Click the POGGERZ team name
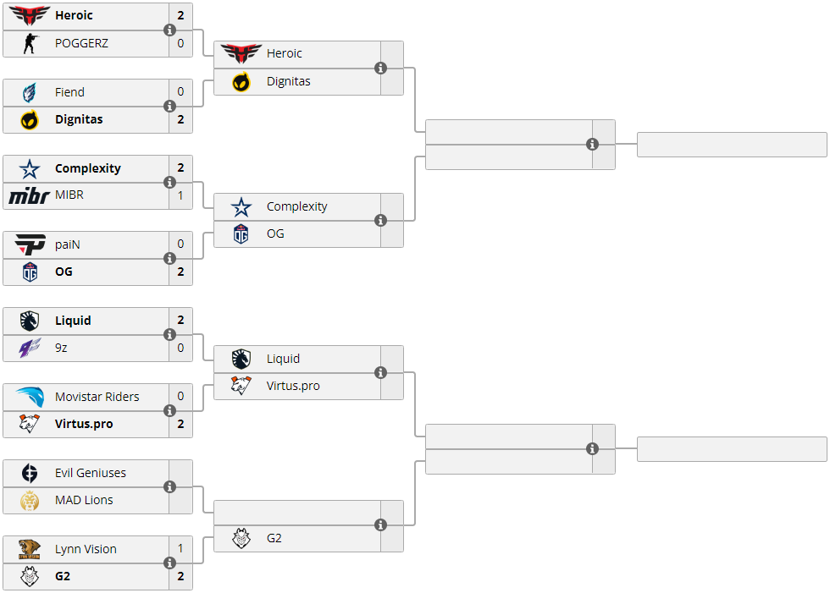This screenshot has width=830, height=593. (x=81, y=43)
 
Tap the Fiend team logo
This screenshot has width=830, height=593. (x=30, y=92)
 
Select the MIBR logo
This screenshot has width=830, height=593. (x=30, y=195)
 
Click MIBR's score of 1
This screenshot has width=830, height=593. (x=180, y=195)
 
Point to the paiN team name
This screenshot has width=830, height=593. (x=68, y=244)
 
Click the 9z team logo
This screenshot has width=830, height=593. (x=30, y=348)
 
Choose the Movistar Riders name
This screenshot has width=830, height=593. (x=97, y=397)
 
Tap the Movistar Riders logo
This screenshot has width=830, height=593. (x=30, y=397)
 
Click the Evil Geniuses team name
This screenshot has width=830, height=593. (x=90, y=473)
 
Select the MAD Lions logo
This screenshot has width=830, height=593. (x=30, y=500)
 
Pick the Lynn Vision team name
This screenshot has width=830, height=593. (x=86, y=549)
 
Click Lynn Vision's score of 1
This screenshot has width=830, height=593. (x=180, y=549)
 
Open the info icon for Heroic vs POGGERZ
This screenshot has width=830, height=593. (x=169, y=30)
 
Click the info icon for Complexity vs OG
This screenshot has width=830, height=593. (x=380, y=221)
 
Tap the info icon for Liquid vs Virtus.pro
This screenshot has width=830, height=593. (x=380, y=373)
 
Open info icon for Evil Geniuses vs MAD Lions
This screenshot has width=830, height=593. (x=169, y=487)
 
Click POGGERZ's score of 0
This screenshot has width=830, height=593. (x=180, y=43)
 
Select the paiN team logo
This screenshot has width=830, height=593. (x=30, y=244)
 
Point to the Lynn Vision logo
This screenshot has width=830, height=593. (x=30, y=549)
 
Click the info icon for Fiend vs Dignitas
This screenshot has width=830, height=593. (x=169, y=107)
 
